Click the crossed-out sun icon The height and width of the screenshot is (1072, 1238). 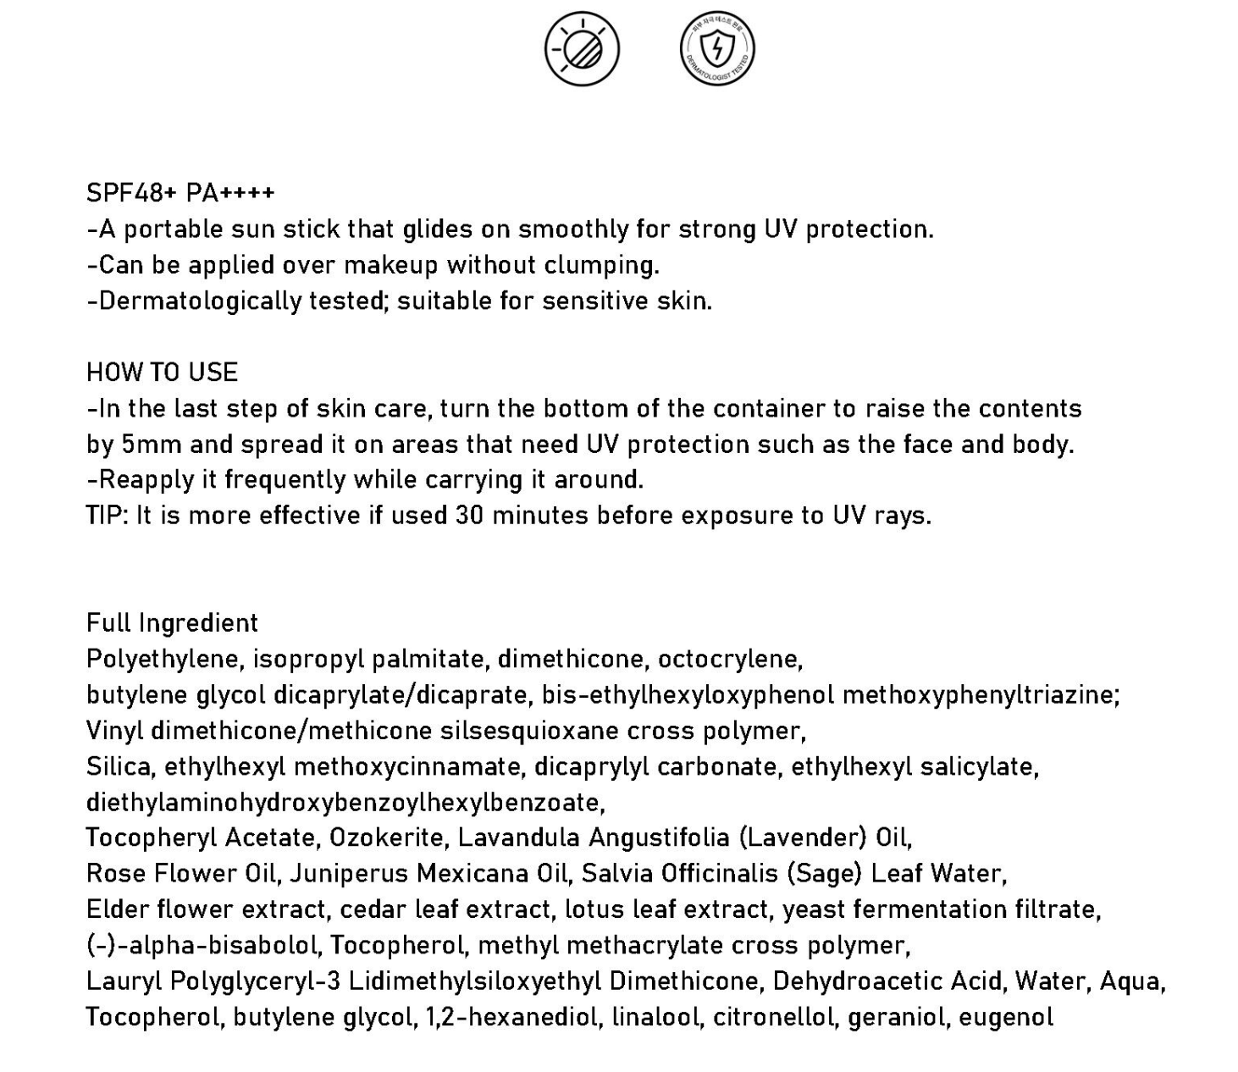point(582,49)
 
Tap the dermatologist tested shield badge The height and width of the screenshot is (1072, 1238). point(717,49)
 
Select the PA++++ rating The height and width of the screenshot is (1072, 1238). point(230,193)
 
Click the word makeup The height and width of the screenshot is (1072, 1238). point(392,265)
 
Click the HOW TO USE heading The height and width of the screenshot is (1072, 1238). point(162,373)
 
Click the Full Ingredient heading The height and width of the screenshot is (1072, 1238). point(172,623)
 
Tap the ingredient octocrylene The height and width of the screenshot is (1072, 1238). point(730,659)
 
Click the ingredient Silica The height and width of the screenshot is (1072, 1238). point(119,766)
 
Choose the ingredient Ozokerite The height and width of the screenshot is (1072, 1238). point(390,838)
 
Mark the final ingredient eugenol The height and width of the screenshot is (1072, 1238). point(1006,1017)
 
